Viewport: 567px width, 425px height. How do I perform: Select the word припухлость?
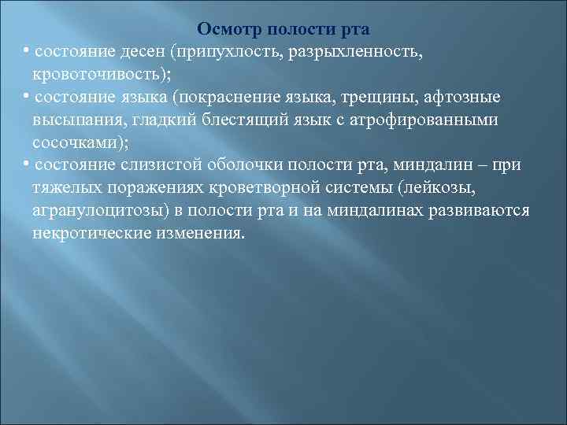click(225, 52)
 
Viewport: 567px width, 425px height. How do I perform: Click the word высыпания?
click(72, 121)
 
